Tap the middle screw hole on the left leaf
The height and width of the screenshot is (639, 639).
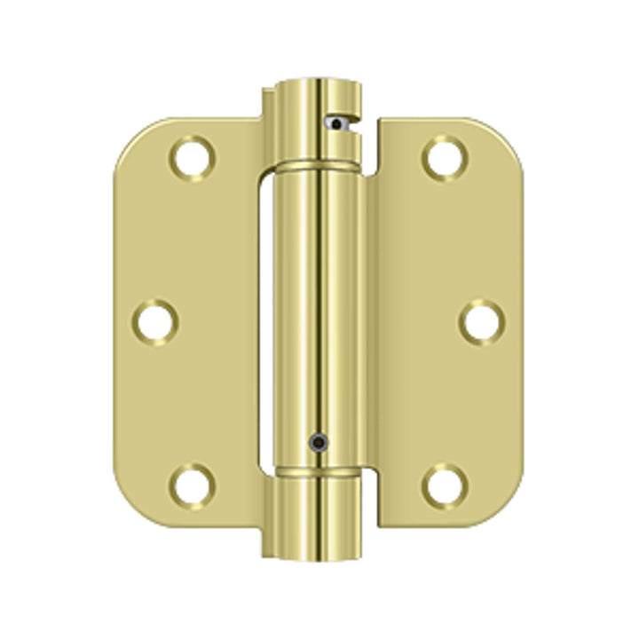coord(157,321)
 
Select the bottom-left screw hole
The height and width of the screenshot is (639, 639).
coord(193,485)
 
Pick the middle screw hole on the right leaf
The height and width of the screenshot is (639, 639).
coord(481,321)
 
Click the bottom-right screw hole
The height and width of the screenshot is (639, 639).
coord(443,485)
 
